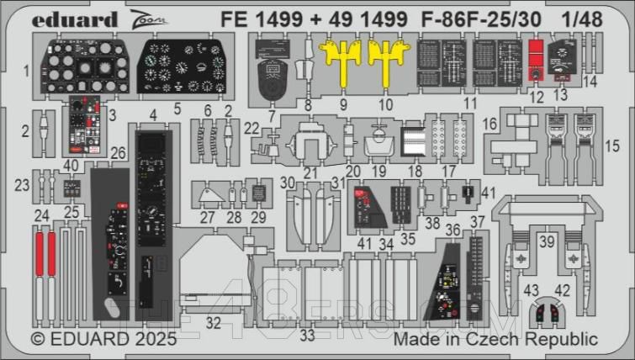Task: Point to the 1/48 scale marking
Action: pyautogui.click(x=606, y=17)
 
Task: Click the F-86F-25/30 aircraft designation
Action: pyautogui.click(x=504, y=17)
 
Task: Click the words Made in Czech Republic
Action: pyautogui.click(x=495, y=340)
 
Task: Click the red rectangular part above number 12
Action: pyautogui.click(x=536, y=55)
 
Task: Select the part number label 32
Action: pyautogui.click(x=214, y=321)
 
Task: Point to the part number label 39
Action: pyautogui.click(x=548, y=241)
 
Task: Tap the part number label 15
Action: pyautogui.click(x=615, y=146)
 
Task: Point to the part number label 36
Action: pyautogui.click(x=452, y=230)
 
